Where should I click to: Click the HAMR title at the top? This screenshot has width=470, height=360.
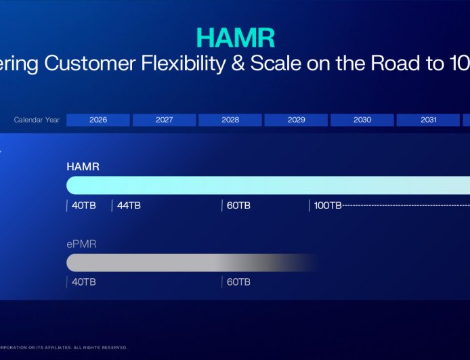[x=235, y=37]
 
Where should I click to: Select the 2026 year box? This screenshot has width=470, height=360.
[x=98, y=120]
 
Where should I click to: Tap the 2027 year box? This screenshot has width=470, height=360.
[x=164, y=120]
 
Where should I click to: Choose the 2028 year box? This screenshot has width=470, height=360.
[x=230, y=120]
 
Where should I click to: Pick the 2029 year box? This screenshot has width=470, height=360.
[x=296, y=120]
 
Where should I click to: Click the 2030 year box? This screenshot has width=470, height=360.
[x=362, y=120]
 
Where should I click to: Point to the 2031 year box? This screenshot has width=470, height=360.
[x=428, y=120]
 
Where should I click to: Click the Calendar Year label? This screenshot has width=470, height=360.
[x=37, y=120]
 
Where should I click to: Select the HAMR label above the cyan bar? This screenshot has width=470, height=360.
[x=83, y=166]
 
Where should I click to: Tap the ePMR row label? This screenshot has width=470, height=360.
[x=81, y=244]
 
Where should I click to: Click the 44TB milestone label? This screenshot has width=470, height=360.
[x=129, y=205]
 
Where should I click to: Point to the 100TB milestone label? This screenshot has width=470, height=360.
[x=328, y=205]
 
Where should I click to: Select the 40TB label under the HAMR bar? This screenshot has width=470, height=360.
[x=84, y=205]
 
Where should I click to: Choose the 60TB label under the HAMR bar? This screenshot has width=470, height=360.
[x=238, y=205]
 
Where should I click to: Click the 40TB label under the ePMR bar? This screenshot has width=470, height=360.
[x=84, y=282]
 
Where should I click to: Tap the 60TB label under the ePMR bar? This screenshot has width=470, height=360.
[x=238, y=282]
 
